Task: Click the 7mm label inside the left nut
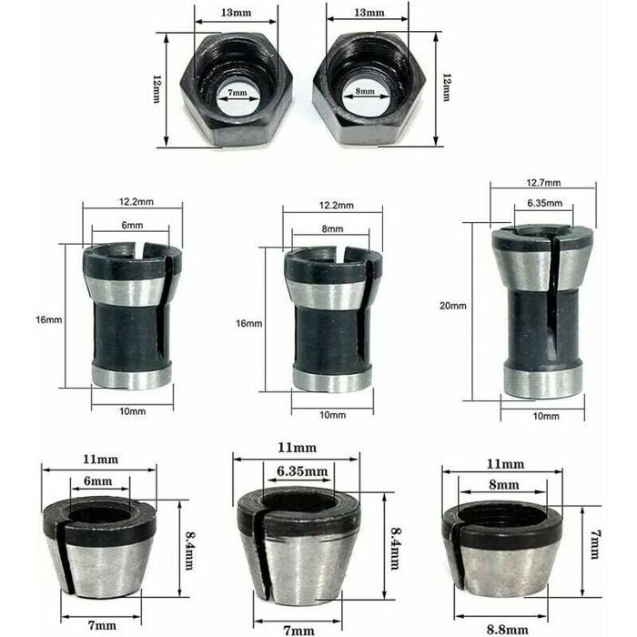click(237, 94)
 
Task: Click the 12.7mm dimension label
click(543, 182)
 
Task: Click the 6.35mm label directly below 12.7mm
click(543, 204)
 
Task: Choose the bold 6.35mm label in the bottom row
click(297, 472)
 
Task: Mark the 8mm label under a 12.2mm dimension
click(333, 228)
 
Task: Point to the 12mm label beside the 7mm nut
click(157, 88)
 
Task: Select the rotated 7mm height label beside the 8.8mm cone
click(594, 546)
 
